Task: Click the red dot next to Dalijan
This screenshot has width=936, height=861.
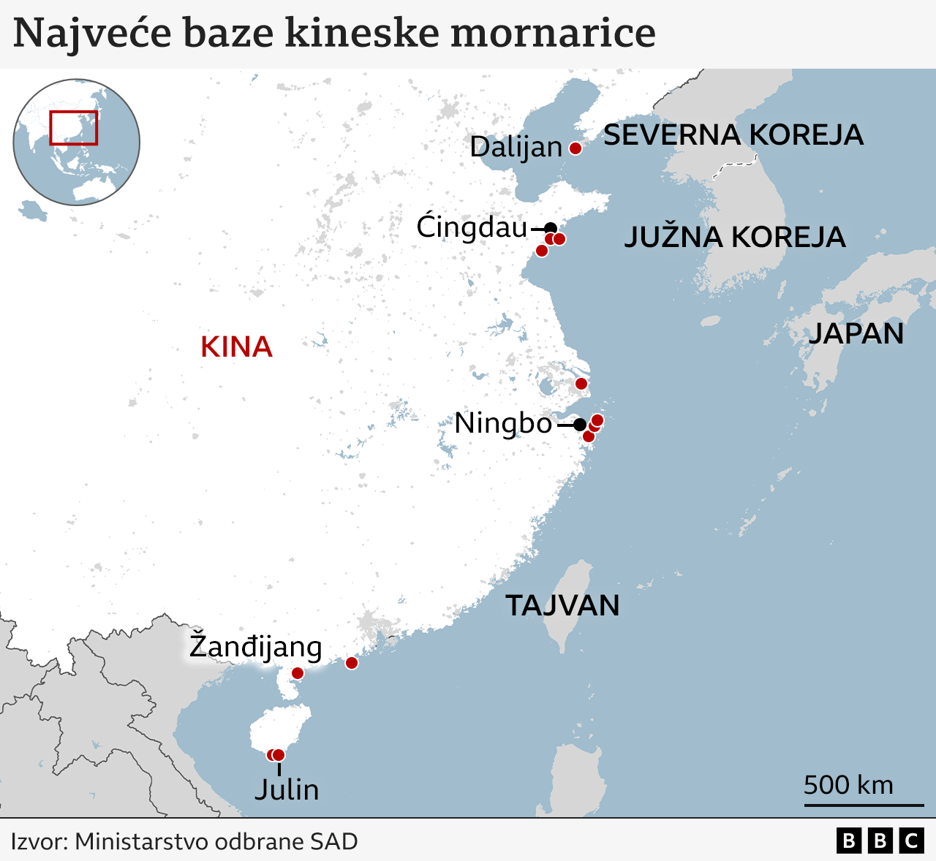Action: pos(575,148)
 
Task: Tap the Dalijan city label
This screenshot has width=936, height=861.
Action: pos(516,147)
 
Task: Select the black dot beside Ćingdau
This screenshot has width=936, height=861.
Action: pos(551,228)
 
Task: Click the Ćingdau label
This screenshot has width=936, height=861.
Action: pos(472,227)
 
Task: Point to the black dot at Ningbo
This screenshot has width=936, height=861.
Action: pos(579,424)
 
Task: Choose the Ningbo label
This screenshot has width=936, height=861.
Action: pos(503,423)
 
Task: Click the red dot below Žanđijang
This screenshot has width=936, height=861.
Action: pos(297,673)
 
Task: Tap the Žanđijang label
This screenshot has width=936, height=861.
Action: pos(255,647)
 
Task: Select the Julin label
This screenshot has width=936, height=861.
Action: pos(287,790)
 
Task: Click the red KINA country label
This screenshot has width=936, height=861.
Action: pos(236,347)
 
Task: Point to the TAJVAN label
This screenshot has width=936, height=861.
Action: pos(562,606)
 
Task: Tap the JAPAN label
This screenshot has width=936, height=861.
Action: pos(856,334)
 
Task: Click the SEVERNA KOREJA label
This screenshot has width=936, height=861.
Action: pos(733,135)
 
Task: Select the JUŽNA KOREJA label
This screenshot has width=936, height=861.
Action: pos(734,238)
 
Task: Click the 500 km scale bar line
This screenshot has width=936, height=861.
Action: pos(864,805)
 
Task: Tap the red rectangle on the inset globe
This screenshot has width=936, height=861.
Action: pos(73,128)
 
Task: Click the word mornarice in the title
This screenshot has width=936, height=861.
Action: pos(553,34)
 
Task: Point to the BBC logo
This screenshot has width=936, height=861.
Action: pos(880,841)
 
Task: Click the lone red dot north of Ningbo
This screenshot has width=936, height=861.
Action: pos(581,384)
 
